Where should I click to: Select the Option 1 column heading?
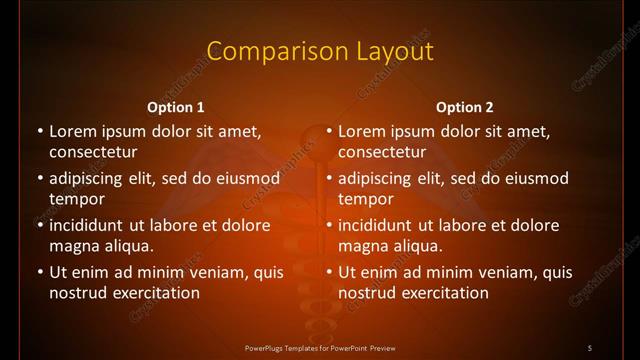[176, 107]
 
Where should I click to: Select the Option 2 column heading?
[465, 107]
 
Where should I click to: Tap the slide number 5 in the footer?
[590, 347]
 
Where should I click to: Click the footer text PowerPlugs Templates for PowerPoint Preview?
[319, 347]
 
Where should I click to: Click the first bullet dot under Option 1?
[39, 131]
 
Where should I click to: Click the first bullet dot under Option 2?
[328, 131]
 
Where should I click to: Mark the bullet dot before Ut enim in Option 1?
[39, 272]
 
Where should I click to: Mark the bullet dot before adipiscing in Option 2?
[328, 178]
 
